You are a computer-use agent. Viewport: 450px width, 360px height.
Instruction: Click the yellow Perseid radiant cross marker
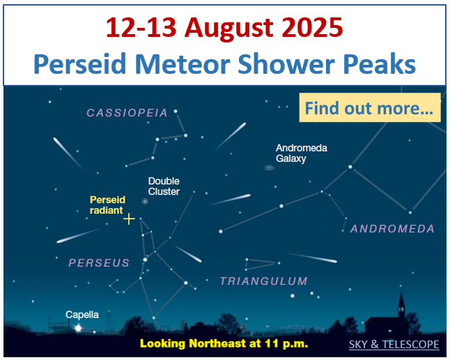pyautogui.click(x=129, y=219)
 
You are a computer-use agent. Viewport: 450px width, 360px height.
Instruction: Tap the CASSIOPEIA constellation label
pyautogui.click(x=127, y=113)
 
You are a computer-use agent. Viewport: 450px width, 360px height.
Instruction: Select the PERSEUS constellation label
pyautogui.click(x=99, y=263)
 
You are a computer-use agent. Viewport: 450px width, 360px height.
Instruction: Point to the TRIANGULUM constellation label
pyautogui.click(x=264, y=281)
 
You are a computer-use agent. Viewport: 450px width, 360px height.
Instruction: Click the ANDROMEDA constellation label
pyautogui.click(x=392, y=228)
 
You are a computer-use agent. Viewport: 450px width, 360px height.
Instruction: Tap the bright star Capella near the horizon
pyautogui.click(x=78, y=327)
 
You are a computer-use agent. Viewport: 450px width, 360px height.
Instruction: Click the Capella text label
pyautogui.click(x=82, y=315)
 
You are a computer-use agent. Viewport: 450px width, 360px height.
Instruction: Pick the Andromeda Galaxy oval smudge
pyautogui.click(x=269, y=168)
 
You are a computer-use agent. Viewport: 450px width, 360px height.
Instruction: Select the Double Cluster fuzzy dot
pyautogui.click(x=145, y=201)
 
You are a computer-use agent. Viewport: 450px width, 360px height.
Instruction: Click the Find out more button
pyautogui.click(x=370, y=107)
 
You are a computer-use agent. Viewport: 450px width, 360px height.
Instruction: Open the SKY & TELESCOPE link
pyautogui.click(x=394, y=344)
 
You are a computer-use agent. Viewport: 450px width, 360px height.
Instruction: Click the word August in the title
pyautogui.click(x=228, y=28)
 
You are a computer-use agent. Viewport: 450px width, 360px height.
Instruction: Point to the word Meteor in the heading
pyautogui.click(x=183, y=63)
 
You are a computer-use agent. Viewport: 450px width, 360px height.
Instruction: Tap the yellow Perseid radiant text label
pyautogui.click(x=107, y=205)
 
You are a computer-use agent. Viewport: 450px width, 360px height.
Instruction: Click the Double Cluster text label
pyautogui.click(x=164, y=186)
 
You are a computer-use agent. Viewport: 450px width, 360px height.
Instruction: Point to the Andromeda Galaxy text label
pyautogui.click(x=302, y=153)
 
